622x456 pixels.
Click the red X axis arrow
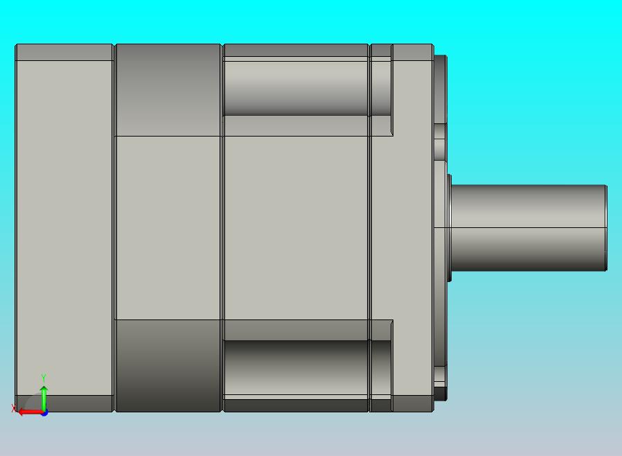30,412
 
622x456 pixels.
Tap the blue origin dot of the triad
44,413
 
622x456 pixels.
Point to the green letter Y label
44,378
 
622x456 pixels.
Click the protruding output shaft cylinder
528,228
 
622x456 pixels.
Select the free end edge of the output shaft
606,228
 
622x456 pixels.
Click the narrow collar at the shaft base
450,228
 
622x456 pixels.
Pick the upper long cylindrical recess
296,88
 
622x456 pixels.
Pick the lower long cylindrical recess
296,367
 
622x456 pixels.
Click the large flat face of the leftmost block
64,228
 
